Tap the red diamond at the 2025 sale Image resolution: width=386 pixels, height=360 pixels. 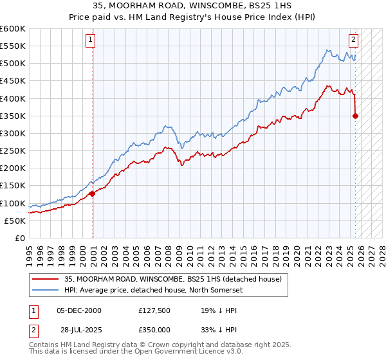pyautogui.click(x=356, y=116)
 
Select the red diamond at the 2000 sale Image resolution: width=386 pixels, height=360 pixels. pyautogui.click(x=93, y=193)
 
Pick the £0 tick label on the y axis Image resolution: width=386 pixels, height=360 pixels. pyautogui.click(x=20, y=238)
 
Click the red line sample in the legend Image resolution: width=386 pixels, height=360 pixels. pyautogui.click(x=45, y=279)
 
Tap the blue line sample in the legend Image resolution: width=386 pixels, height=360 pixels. pyautogui.click(x=45, y=290)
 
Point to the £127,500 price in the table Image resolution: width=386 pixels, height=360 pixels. pyautogui.click(x=155, y=310)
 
